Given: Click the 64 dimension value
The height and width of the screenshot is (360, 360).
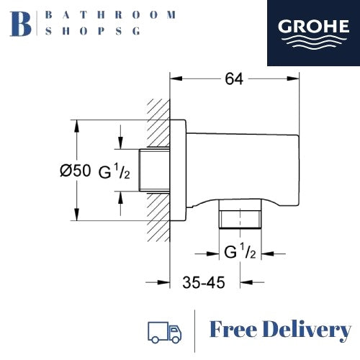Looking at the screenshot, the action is point(234,79).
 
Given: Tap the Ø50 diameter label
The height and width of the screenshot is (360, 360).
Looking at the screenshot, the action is point(76,171).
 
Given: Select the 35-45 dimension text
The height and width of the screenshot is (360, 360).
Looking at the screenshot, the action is point(204,282).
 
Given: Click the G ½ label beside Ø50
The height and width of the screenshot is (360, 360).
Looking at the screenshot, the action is point(114,171).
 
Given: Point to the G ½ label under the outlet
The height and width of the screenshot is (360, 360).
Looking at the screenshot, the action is point(240,251).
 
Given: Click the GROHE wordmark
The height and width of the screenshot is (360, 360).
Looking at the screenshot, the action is point(313,26).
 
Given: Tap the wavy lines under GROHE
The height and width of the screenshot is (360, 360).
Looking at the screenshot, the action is point(313,42).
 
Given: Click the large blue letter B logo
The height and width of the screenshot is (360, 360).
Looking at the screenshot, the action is point(21,24).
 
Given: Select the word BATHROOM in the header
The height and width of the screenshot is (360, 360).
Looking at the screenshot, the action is point(111,15).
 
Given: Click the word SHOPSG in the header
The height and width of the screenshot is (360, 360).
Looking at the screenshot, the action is point(93,31).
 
